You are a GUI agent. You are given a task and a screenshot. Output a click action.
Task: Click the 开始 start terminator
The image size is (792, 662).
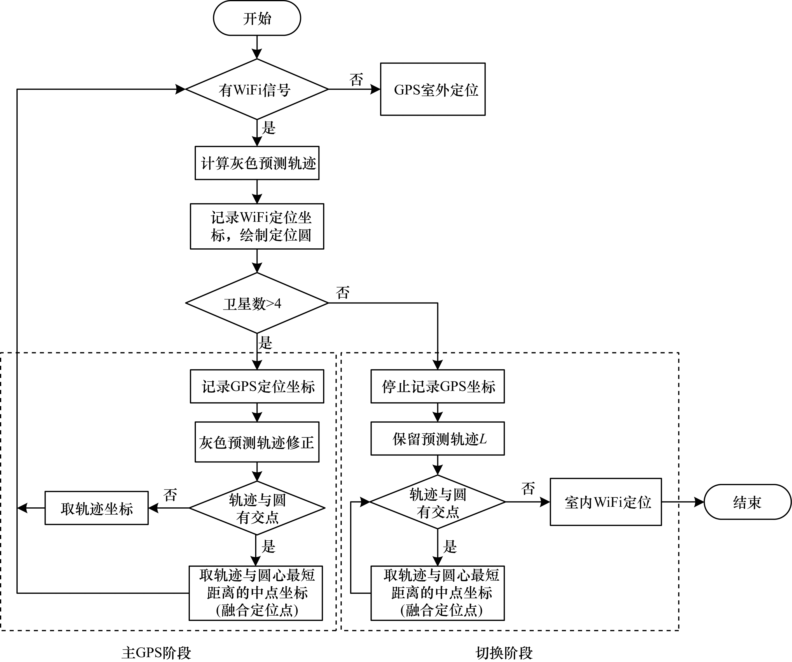[257, 18]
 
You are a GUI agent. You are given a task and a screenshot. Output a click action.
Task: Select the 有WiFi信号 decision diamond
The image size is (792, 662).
[257, 89]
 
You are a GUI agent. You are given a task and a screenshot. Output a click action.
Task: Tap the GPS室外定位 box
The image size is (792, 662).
[433, 89]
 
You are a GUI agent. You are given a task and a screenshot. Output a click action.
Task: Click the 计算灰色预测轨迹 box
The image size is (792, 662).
[257, 163]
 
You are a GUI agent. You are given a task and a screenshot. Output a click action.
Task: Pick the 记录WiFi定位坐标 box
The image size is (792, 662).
[257, 226]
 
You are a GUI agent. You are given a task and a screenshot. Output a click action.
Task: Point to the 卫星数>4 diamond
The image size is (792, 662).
[257, 303]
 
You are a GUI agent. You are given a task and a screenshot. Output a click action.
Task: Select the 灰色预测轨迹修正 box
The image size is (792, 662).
[257, 442]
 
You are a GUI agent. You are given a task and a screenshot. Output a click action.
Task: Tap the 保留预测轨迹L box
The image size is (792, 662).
[437, 439]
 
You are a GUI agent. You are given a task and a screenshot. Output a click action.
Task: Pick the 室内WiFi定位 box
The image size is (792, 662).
[606, 502]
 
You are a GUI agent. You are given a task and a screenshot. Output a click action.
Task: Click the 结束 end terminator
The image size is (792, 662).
[747, 502]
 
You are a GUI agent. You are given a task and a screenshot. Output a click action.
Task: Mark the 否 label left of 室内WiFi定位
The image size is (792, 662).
[528, 489]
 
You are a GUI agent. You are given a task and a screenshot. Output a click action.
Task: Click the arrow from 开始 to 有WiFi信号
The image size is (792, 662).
[257, 47]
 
